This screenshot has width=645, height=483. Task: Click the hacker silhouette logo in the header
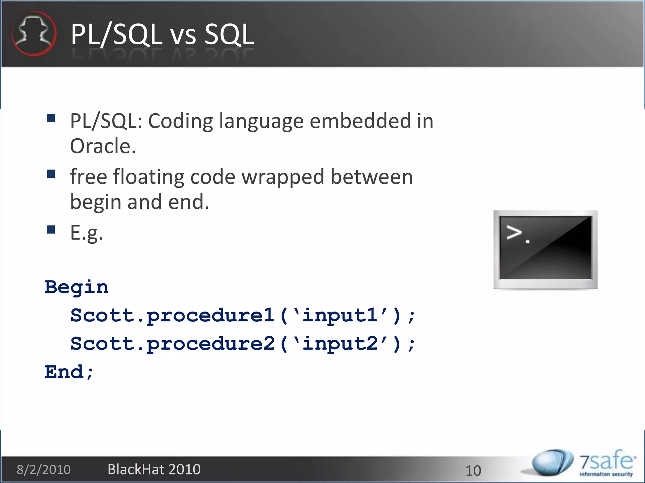pos(34,34)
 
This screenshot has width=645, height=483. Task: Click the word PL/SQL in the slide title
pos(116,35)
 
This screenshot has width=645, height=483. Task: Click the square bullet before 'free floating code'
pos(51,174)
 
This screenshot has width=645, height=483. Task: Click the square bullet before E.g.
pos(51,230)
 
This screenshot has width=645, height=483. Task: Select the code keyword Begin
pos(77,287)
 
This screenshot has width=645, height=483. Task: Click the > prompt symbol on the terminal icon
pos(514,233)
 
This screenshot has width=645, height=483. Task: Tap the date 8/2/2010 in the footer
pos(43,470)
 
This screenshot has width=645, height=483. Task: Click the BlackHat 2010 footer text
pos(154,469)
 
